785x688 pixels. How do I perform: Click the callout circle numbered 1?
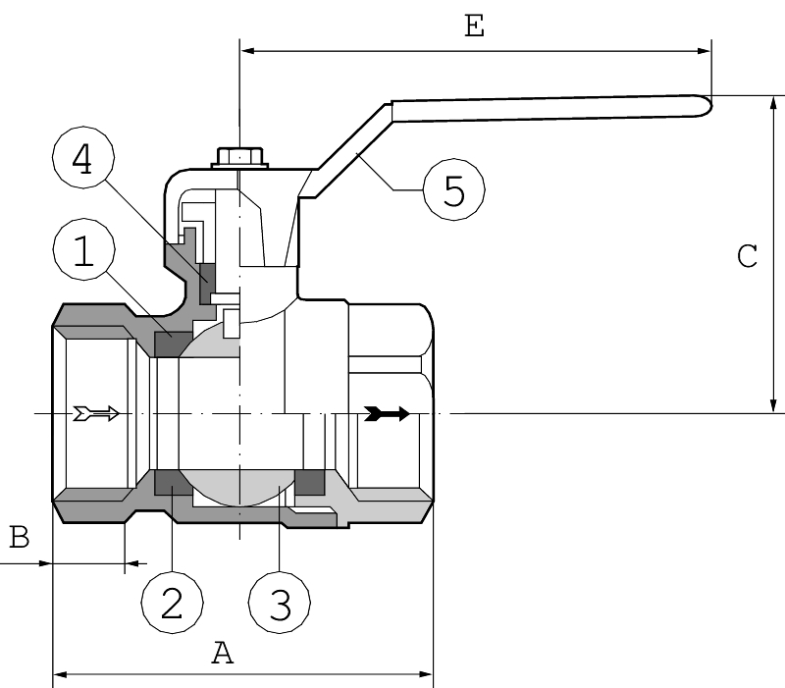tap(84, 253)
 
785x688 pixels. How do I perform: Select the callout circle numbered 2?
tap(172, 601)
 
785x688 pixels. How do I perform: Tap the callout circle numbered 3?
tap(280, 601)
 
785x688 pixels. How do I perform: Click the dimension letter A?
tap(224, 653)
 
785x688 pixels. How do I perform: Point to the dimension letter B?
tap(19, 537)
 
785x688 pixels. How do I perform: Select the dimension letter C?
tap(747, 257)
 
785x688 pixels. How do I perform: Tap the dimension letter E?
tap(475, 27)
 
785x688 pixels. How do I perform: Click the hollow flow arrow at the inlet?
tap(96, 413)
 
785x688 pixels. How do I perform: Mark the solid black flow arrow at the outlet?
tap(386, 413)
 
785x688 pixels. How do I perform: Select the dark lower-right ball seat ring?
tap(310, 482)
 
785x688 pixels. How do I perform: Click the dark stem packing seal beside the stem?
tap(208, 281)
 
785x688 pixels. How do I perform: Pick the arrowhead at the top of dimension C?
tap(774, 102)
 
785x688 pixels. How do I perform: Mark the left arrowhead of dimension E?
tap(246, 48)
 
